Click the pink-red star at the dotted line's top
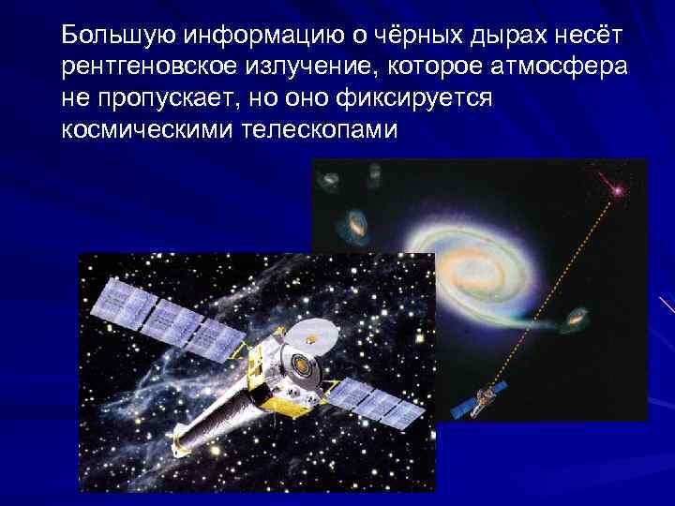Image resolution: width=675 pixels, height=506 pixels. [617, 190]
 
